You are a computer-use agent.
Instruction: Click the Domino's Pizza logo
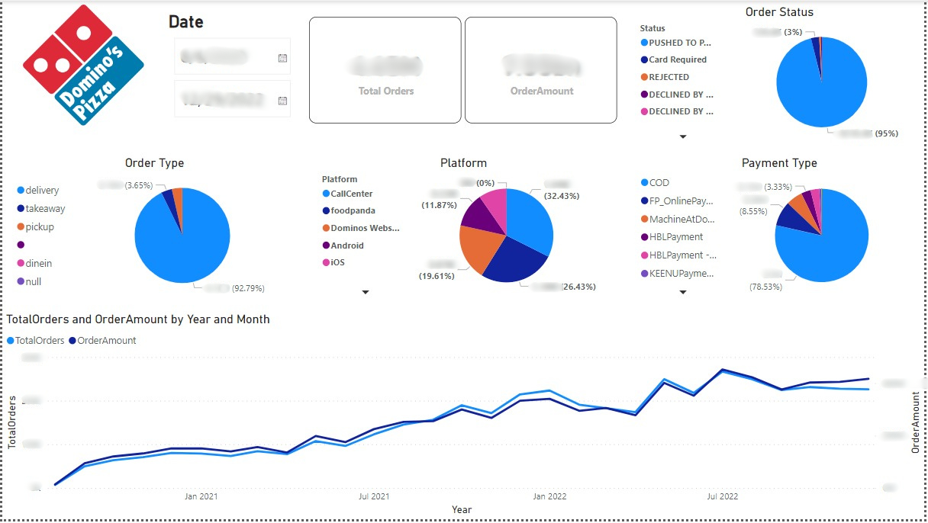click(83, 65)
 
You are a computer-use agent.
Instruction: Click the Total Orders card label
click(386, 91)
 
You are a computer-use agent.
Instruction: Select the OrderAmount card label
click(542, 91)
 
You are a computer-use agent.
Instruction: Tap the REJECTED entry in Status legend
click(669, 77)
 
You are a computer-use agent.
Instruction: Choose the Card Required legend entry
click(678, 59)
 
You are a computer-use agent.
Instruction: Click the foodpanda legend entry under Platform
click(353, 210)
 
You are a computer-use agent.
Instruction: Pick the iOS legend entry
click(337, 262)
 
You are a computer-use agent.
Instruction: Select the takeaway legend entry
click(45, 208)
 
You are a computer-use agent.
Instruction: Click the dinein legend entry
click(38, 263)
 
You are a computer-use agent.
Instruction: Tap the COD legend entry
click(659, 182)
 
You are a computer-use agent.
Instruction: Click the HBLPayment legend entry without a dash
click(676, 237)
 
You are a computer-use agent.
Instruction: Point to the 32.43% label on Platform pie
click(560, 196)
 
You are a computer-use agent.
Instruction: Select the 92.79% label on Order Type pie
click(248, 289)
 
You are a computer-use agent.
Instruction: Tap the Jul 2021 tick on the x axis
click(374, 496)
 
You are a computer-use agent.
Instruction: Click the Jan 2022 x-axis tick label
click(549, 496)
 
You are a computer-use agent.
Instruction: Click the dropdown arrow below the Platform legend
click(366, 292)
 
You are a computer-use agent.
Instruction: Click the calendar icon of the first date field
click(282, 58)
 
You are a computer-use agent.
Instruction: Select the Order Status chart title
click(779, 12)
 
